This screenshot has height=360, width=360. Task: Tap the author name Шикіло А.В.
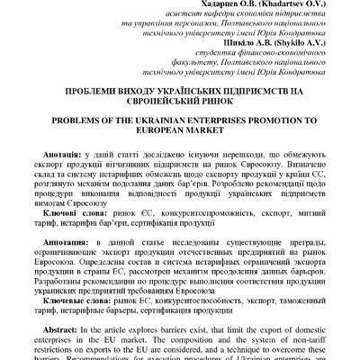(202, 40)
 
